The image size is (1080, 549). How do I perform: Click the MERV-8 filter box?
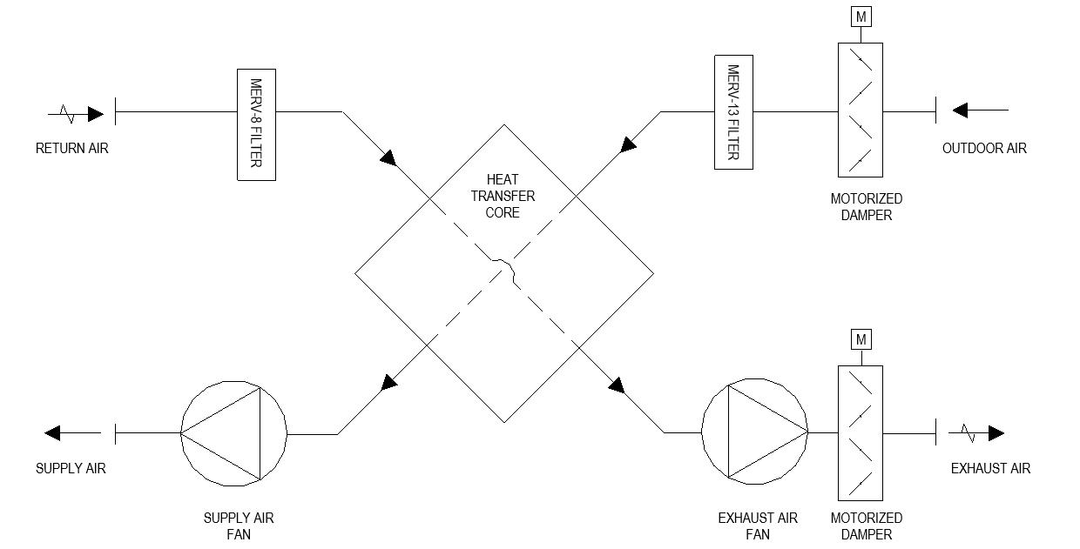256,124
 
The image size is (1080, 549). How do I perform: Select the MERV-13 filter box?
733,111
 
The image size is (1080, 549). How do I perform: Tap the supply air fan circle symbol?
233,432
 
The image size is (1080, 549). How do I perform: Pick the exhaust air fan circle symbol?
754,432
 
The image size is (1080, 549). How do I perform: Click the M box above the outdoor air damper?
861,17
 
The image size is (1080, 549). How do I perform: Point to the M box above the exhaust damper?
861,339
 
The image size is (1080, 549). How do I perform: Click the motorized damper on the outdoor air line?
861,111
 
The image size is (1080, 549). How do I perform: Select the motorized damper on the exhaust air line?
861,433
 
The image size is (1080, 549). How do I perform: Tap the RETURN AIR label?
72,149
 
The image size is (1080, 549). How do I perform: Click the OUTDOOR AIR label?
984,149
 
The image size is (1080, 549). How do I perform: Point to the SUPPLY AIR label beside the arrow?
71,469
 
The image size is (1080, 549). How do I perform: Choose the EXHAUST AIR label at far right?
990,469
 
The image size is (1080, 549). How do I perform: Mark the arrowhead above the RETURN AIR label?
96,113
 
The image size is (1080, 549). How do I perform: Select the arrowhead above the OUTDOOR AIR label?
960,110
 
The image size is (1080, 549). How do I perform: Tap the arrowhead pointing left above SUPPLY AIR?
52,432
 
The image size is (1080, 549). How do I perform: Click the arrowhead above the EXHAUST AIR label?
996,433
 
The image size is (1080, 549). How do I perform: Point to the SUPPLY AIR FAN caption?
239,526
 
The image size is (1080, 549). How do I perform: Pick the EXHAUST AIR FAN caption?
758,526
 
